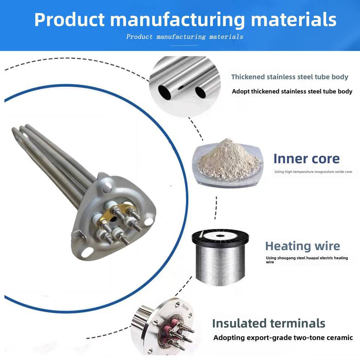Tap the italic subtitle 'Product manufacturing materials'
[184, 37]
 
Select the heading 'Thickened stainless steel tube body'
[289, 77]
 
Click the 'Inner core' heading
[306, 159]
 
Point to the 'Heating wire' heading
[302, 246]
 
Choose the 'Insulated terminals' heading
[268, 323]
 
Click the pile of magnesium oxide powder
[226, 159]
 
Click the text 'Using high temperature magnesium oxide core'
[313, 172]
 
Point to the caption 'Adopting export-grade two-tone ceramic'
[283, 337]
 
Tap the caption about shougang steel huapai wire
[307, 260]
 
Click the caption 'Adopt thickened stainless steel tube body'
[292, 91]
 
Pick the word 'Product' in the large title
[69, 19]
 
